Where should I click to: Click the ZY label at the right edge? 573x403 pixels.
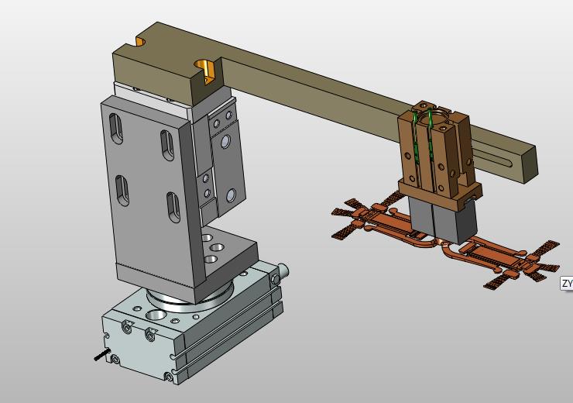point(567,283)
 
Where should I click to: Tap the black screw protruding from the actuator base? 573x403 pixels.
point(102,355)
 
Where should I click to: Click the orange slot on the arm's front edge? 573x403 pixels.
point(207,71)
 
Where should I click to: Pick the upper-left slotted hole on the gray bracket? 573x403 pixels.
point(115,129)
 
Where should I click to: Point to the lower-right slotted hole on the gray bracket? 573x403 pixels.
point(173,208)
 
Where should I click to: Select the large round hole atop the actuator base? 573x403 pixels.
point(156,315)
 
